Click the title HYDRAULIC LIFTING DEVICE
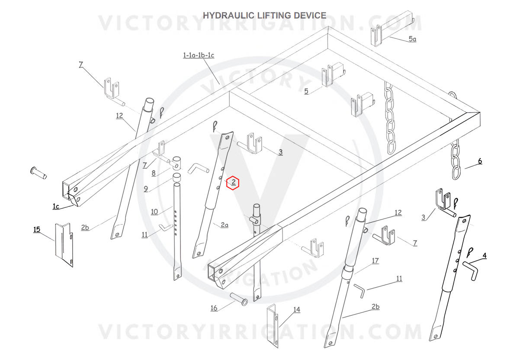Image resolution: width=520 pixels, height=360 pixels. click(x=264, y=15)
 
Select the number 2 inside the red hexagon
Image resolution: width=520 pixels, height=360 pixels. click(x=234, y=182)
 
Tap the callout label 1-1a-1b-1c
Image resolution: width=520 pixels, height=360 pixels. click(x=199, y=55)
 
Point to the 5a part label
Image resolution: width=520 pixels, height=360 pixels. click(x=412, y=39)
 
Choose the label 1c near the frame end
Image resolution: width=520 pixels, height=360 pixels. click(x=56, y=206)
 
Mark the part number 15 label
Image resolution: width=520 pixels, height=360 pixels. click(x=37, y=229)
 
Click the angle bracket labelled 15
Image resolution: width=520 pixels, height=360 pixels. click(x=64, y=245)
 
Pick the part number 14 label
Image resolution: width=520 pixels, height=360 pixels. click(x=297, y=309)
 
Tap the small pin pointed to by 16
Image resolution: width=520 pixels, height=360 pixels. click(x=239, y=299)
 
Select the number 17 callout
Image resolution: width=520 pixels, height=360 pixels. click(x=376, y=260)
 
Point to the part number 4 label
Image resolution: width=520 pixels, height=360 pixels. click(x=485, y=255)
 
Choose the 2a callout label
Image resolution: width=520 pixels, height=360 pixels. click(x=225, y=225)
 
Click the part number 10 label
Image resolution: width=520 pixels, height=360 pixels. click(x=154, y=212)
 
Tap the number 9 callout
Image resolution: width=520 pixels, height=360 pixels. click(x=146, y=189)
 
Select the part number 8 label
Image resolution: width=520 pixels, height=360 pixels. click(x=154, y=173)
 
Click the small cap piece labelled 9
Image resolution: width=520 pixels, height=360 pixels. click(x=177, y=177)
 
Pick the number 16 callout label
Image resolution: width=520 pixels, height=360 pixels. click(x=214, y=308)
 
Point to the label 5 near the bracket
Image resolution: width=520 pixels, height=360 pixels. click(x=306, y=91)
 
